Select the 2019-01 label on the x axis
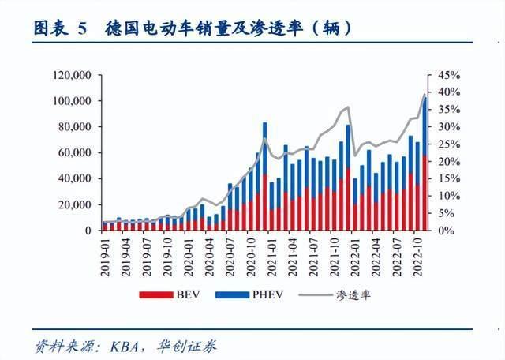(x=104, y=250)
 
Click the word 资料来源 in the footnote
(x=58, y=345)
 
